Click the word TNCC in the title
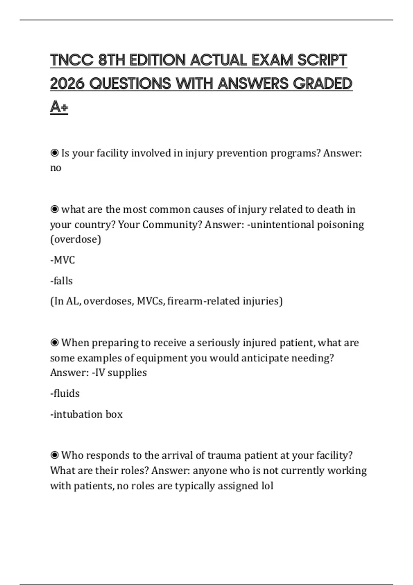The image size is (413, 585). (72, 60)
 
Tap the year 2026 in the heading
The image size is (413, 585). (67, 84)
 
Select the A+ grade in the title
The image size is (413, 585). (59, 107)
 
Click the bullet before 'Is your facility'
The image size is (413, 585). (54, 153)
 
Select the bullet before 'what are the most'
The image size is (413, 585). (54, 209)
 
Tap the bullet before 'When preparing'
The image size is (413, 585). (54, 343)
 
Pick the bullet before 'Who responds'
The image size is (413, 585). (54, 455)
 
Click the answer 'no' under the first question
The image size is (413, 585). (55, 168)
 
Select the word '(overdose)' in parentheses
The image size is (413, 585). (76, 239)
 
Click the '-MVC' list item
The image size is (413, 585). (62, 260)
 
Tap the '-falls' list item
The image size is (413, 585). (61, 281)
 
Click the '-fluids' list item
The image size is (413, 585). (65, 393)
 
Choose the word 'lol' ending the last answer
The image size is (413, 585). (267, 486)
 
